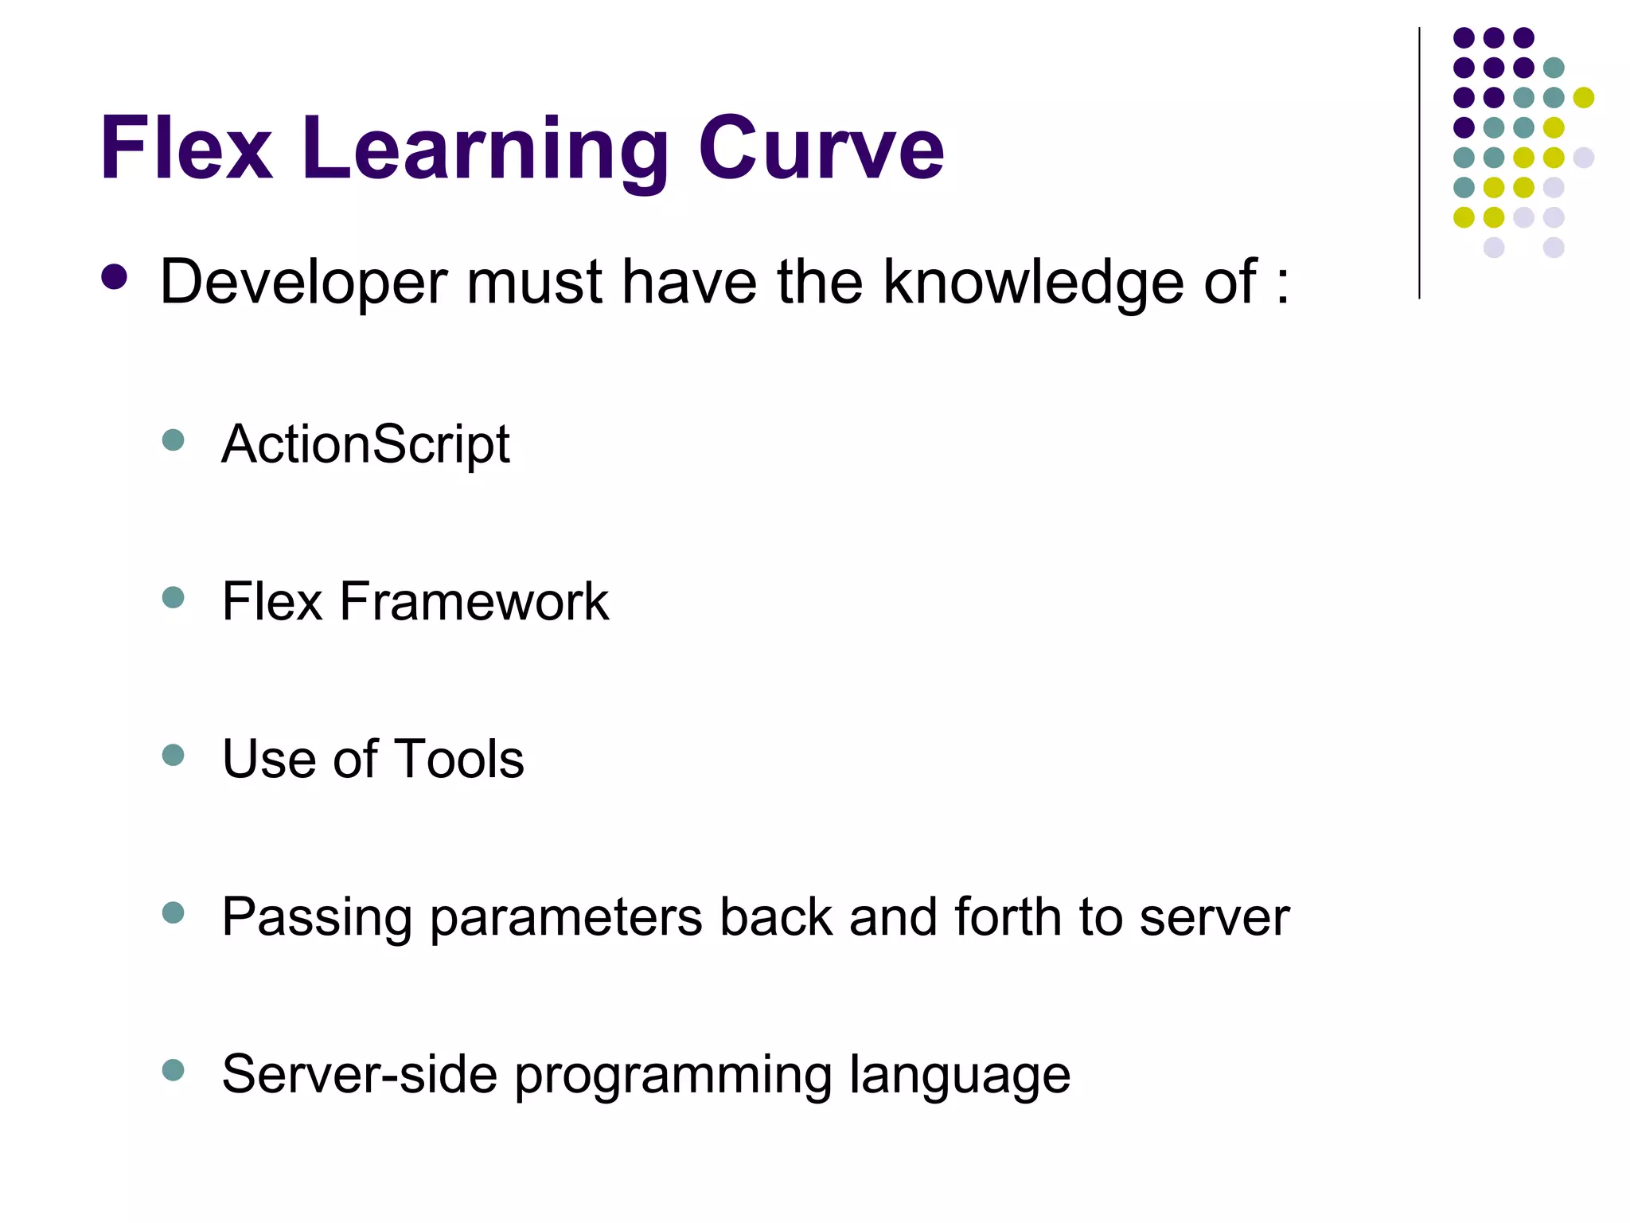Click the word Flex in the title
[x=186, y=149]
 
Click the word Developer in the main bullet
[x=303, y=283]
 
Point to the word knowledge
[x=1034, y=283]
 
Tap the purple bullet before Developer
[x=115, y=277]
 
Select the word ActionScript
[x=365, y=445]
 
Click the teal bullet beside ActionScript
[x=173, y=440]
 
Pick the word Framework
[x=474, y=601]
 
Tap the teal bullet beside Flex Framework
[x=173, y=597]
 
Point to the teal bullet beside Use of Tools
[x=173, y=755]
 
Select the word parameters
[x=566, y=918]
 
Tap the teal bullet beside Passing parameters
[x=173, y=912]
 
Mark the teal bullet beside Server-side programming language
[x=173, y=1069]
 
